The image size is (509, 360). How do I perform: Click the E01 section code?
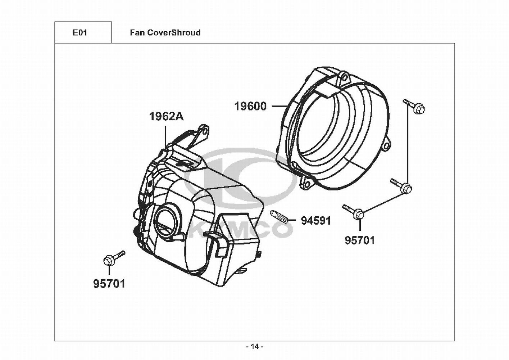(80, 33)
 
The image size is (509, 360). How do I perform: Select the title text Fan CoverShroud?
(165, 33)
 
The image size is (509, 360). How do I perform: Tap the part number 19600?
(250, 106)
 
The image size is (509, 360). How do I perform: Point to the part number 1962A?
(166, 117)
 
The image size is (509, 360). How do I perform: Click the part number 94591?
(316, 220)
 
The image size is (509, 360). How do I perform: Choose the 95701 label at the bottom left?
(109, 284)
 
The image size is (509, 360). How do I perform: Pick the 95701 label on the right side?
(360, 240)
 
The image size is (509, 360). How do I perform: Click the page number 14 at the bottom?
(255, 347)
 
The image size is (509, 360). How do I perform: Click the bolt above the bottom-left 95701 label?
(114, 258)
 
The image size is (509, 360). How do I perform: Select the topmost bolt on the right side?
(414, 107)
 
